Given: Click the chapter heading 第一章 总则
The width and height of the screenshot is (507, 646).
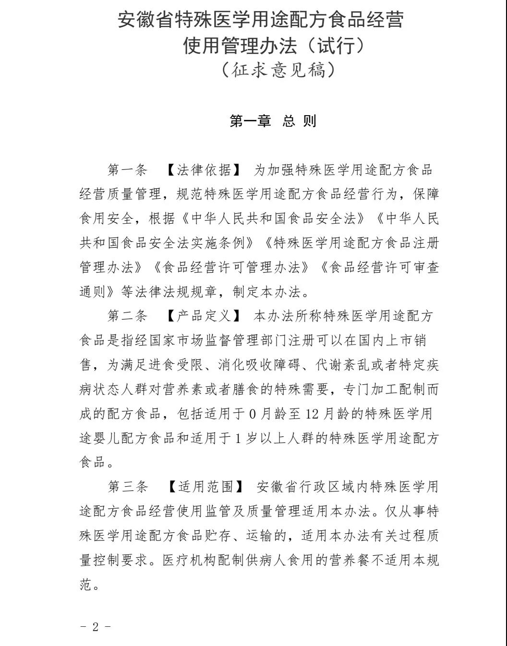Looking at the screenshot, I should (273, 121).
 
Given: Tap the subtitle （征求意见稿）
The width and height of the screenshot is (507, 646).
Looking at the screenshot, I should (278, 70).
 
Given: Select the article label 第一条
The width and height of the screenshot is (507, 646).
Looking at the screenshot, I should (127, 170).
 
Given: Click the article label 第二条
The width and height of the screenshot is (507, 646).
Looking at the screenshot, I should (127, 316).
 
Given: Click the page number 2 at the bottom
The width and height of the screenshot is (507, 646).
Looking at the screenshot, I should (95, 627).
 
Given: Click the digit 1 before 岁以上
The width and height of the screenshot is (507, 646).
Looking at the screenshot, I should (238, 438).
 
